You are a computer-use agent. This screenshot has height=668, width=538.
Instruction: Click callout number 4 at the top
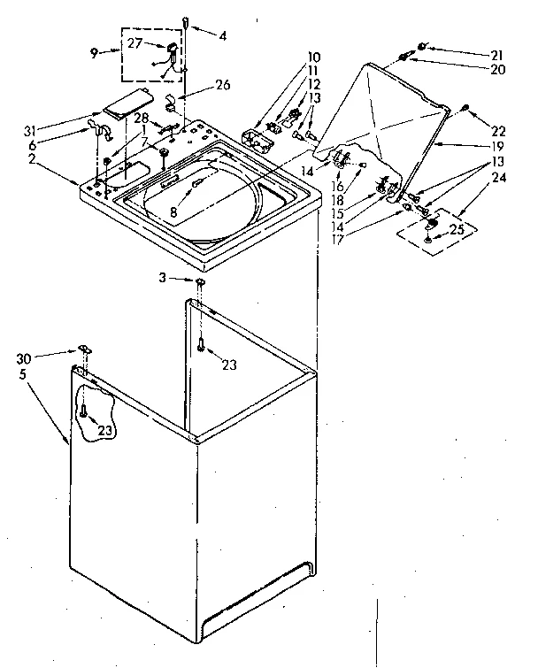tap(223, 35)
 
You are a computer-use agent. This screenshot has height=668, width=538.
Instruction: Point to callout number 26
tap(222, 86)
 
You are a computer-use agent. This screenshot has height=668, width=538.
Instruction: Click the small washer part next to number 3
tap(201, 281)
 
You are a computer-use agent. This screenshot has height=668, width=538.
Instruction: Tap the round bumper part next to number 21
tap(424, 45)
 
